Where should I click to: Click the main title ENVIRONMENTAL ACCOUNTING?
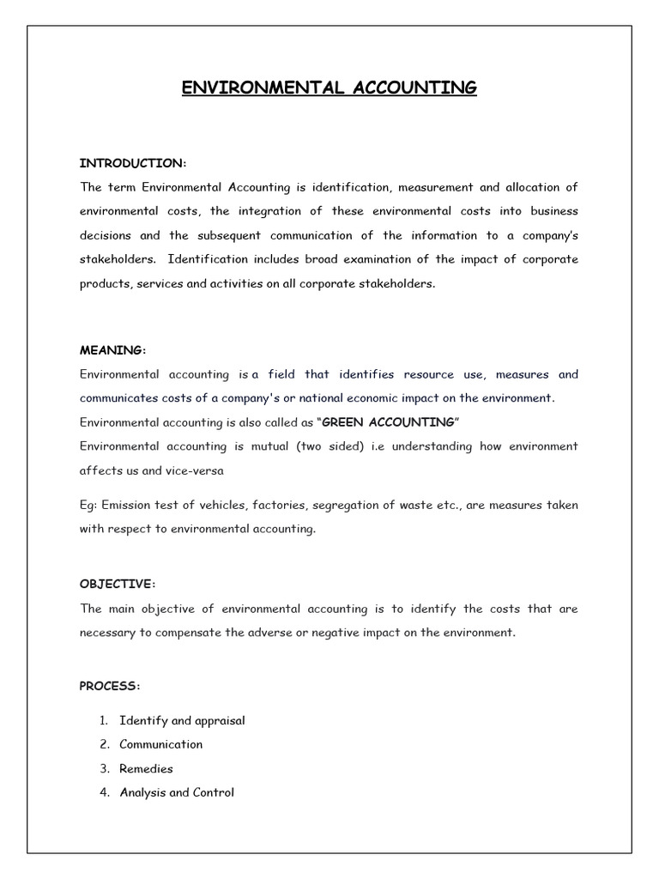[x=329, y=88]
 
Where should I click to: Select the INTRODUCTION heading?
[x=132, y=163]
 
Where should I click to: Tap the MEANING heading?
[x=112, y=350]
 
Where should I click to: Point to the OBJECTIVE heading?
[x=118, y=585]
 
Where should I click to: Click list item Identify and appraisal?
[x=182, y=720]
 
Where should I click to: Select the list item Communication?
[x=161, y=744]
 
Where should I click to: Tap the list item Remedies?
[x=146, y=768]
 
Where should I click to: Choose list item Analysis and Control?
[x=177, y=792]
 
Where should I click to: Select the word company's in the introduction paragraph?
[x=548, y=235]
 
